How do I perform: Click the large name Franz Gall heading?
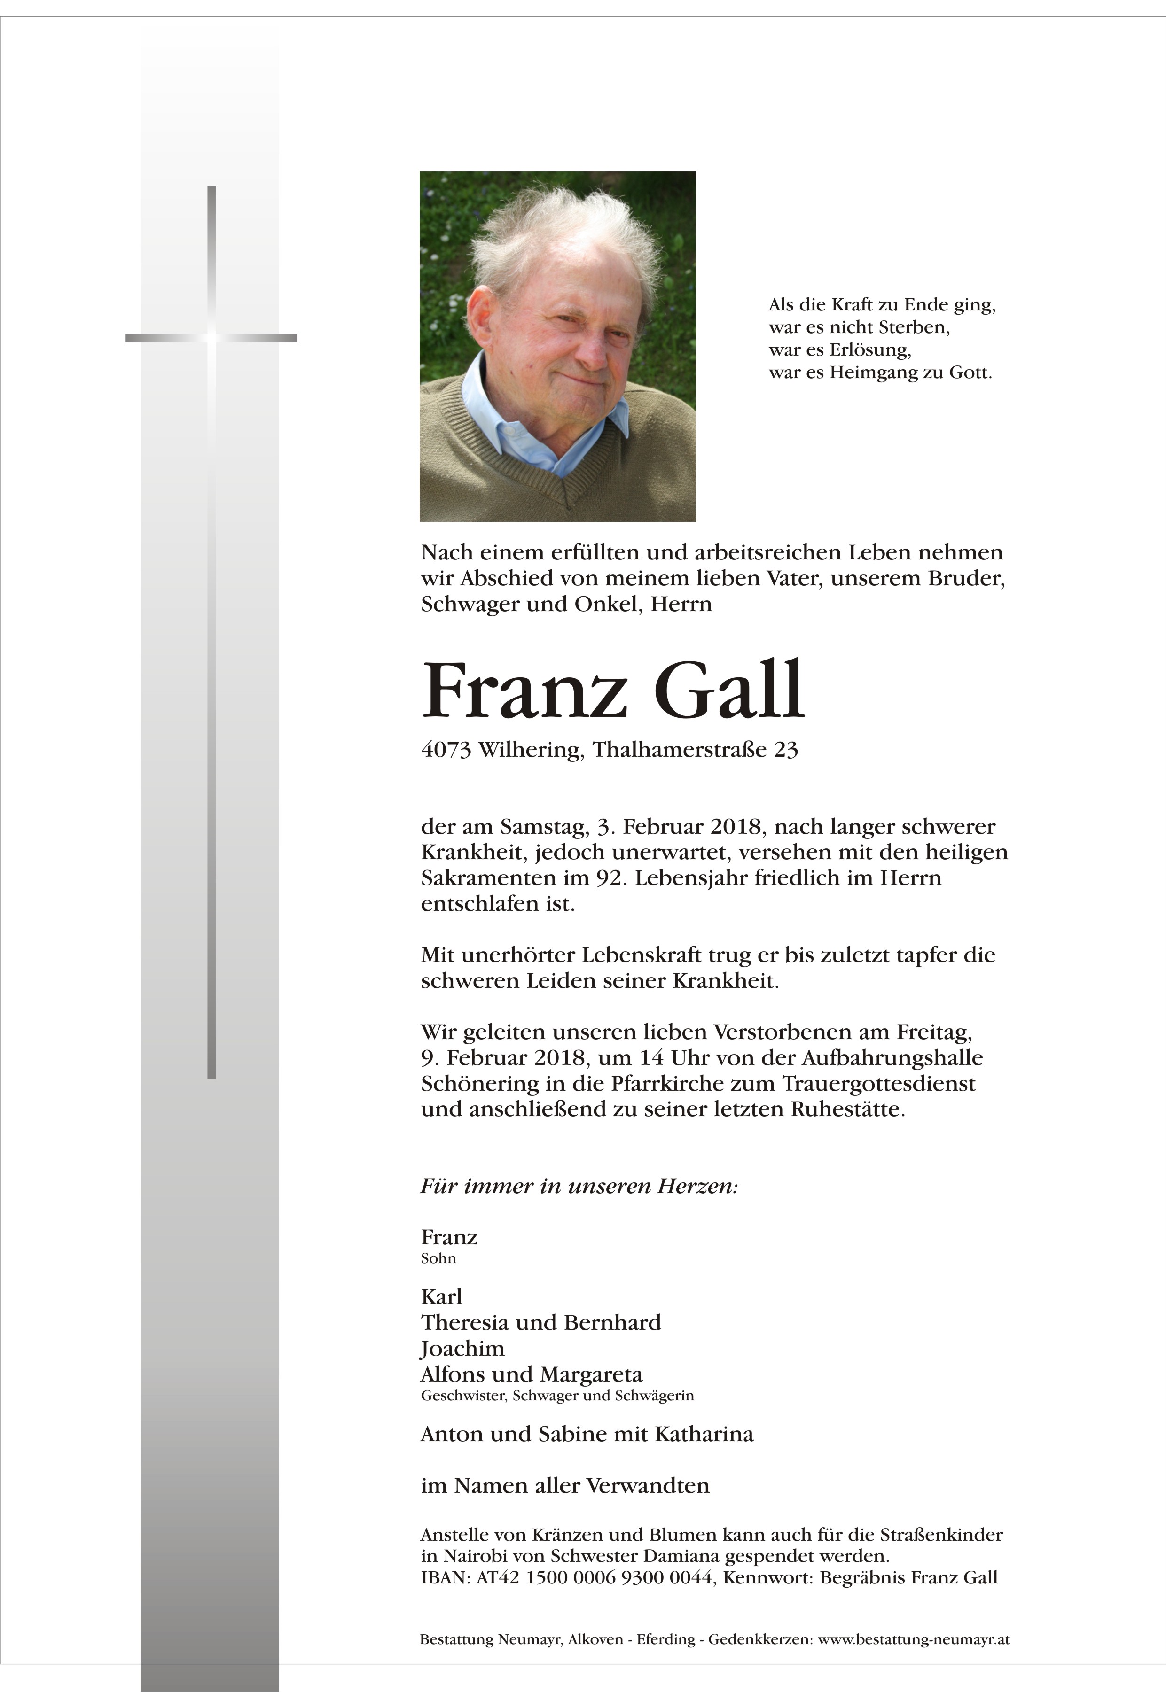click(612, 690)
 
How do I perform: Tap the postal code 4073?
click(446, 750)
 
